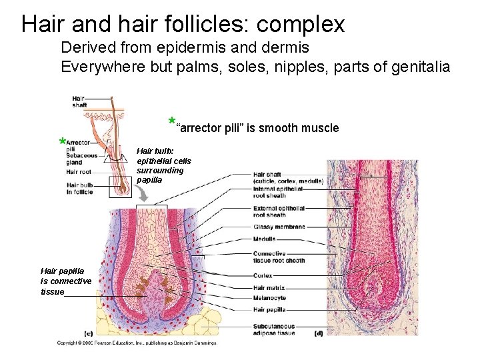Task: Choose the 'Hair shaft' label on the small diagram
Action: (79, 102)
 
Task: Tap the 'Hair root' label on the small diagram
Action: (79, 171)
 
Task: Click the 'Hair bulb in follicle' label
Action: (80, 188)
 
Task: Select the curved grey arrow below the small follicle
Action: (143, 193)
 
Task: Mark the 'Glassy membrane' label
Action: (279, 227)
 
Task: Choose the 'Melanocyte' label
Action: (269, 298)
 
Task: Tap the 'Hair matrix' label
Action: (269, 287)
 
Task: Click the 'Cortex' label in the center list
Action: (263, 275)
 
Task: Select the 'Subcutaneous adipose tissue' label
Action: (273, 329)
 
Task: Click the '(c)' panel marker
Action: (88, 332)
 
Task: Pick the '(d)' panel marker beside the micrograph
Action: (319, 332)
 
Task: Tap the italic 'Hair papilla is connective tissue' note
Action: (65, 281)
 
